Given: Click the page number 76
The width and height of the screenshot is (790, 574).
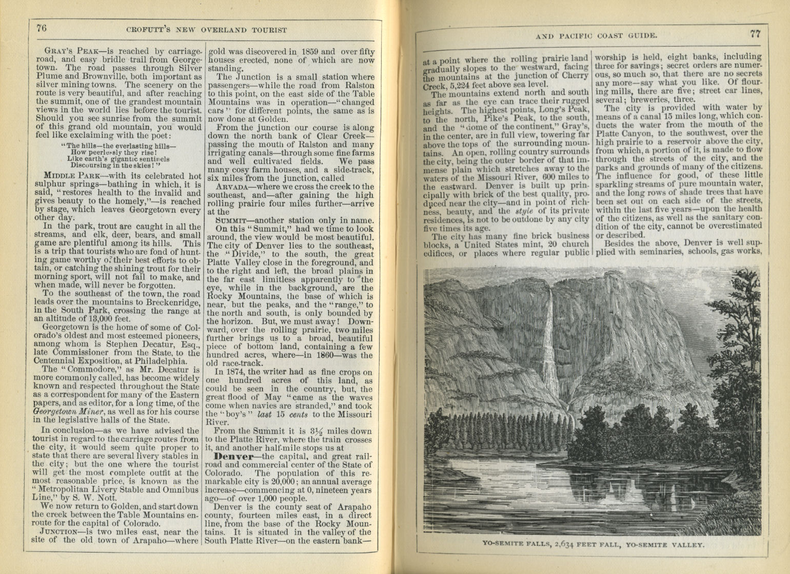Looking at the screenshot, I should pos(41,28).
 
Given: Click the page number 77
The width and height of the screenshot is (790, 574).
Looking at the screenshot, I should pos(754,34).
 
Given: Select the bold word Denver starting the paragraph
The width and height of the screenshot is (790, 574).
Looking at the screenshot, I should pos(234,456).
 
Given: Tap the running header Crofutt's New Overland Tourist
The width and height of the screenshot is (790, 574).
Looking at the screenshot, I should pos(206,30).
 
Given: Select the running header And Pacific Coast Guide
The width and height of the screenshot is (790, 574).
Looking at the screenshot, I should pos(596,35).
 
